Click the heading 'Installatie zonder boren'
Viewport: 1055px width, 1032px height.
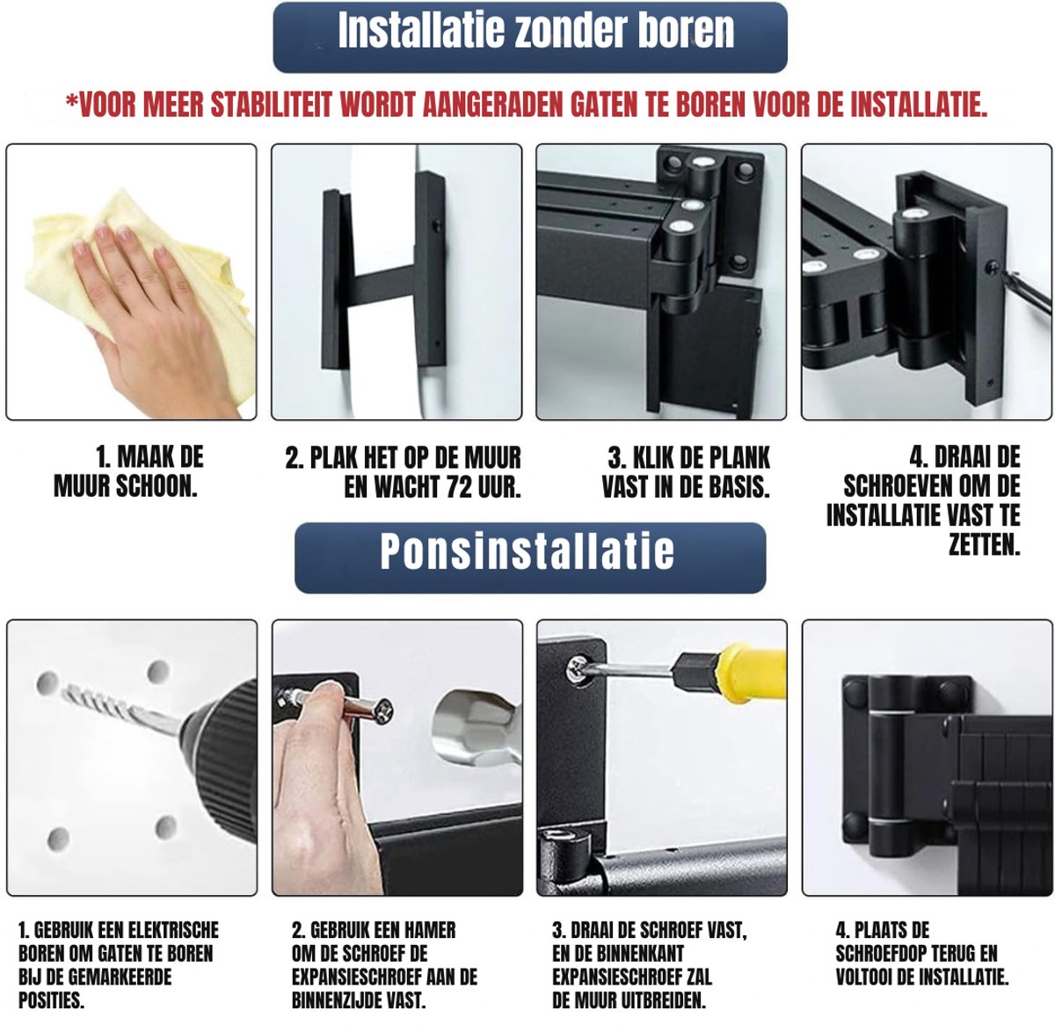click(535, 30)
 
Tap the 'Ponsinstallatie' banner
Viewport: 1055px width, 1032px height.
click(529, 557)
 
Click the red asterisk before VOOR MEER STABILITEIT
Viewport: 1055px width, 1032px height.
click(71, 101)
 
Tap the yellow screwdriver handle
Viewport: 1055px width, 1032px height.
click(751, 673)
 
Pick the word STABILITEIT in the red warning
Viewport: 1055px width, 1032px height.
click(271, 105)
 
